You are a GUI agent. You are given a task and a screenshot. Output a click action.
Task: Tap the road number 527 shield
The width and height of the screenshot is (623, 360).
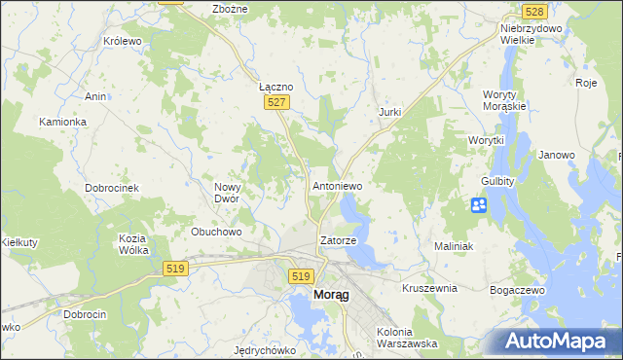276,102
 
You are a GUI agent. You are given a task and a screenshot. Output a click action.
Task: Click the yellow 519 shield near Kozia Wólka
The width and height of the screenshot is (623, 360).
176,269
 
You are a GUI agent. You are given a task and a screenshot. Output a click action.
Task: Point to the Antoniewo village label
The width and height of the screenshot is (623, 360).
337,184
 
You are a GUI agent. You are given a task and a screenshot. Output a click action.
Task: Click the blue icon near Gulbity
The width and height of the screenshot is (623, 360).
479,205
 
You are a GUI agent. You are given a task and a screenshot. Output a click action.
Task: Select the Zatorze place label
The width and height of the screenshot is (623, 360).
339,239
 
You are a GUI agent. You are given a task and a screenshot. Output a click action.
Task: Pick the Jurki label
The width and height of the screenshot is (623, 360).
389,113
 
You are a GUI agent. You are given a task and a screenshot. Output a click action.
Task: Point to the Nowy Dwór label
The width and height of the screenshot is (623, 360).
233,191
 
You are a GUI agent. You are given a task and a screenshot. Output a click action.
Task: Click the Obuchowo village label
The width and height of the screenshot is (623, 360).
216,232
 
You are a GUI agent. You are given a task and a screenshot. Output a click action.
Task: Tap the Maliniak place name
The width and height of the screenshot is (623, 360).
453,247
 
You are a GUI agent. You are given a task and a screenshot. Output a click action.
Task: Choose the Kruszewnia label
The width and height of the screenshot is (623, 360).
429,289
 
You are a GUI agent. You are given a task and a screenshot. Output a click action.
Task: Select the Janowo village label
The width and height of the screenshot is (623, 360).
557,155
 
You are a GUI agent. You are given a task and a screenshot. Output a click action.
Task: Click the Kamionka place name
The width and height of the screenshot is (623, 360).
63,122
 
